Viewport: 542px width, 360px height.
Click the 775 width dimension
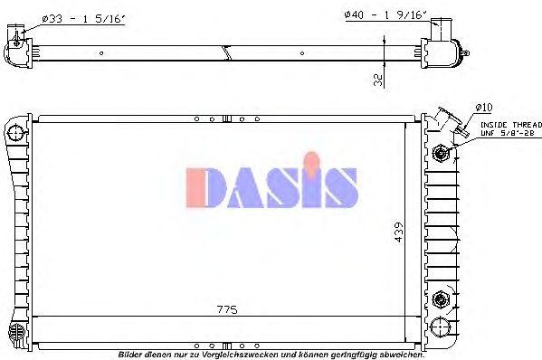[226, 310]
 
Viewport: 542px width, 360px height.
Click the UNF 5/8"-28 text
[501, 134]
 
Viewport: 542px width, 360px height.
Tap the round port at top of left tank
[14, 134]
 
